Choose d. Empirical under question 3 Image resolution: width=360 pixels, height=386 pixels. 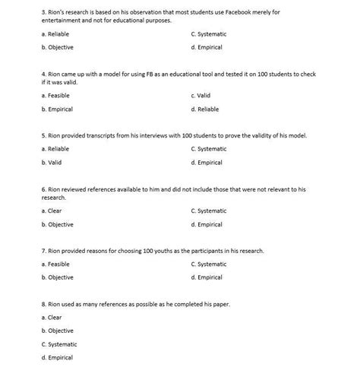point(207,47)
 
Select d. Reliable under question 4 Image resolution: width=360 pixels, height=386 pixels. point(205,109)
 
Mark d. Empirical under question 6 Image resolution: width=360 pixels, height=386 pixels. point(207,225)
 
